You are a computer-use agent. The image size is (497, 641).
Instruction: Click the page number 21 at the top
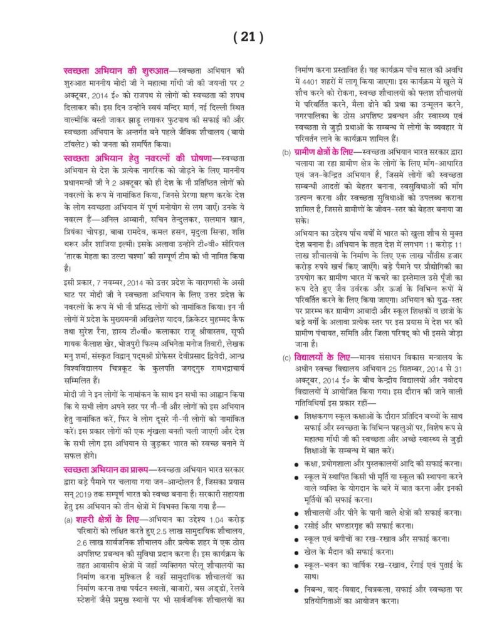248,38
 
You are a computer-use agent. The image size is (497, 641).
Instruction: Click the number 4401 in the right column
310,81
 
